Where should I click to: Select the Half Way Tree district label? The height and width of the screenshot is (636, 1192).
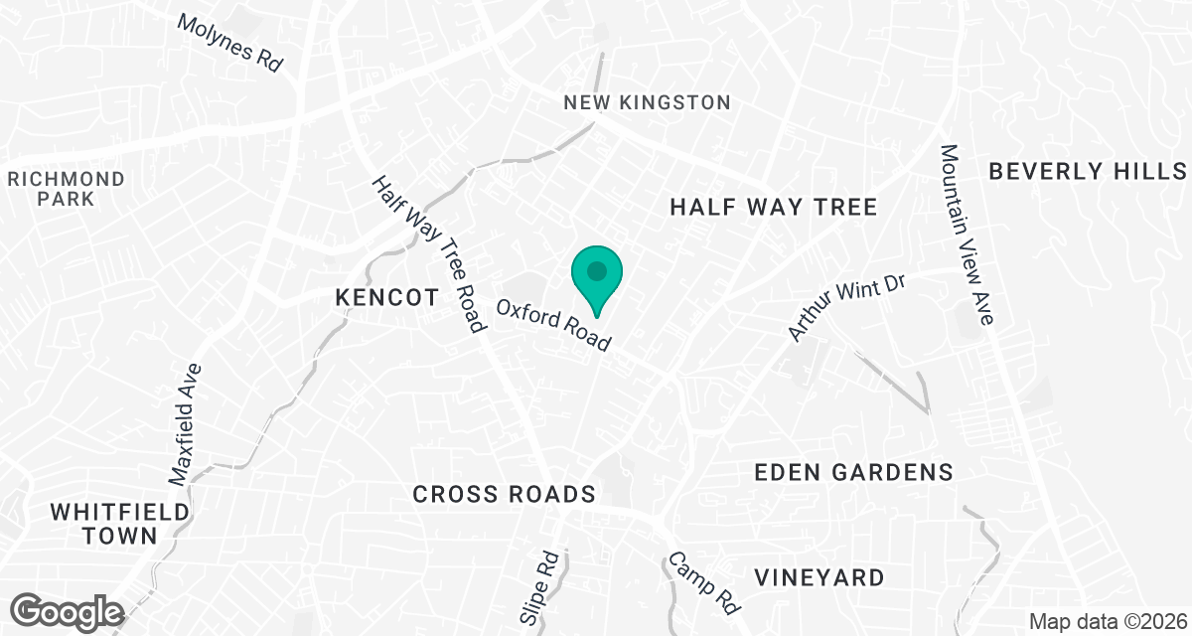click(x=773, y=207)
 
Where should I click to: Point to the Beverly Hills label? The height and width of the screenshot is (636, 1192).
click(x=1088, y=171)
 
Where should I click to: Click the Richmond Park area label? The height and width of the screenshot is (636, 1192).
click(x=67, y=189)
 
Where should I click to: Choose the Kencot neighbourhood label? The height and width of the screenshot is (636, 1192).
click(x=386, y=297)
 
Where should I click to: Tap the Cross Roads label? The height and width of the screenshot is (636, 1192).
click(x=504, y=494)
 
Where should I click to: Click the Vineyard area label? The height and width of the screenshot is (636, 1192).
click(x=819, y=577)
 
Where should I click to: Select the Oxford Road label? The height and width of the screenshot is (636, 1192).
click(x=553, y=325)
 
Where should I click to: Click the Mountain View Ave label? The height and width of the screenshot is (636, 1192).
click(x=966, y=235)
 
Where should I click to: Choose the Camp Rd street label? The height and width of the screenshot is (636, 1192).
click(x=703, y=580)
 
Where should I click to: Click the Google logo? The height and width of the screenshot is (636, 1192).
click(x=68, y=610)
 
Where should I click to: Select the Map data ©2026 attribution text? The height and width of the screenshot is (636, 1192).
click(x=1108, y=622)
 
